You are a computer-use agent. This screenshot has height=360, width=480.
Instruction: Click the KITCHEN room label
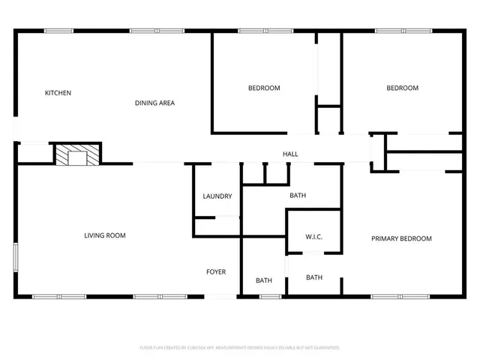58,93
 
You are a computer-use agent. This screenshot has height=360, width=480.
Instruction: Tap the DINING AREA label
154,103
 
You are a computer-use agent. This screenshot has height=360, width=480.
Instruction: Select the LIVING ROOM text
104,235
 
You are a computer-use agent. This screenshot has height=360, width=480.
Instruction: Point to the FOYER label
216,271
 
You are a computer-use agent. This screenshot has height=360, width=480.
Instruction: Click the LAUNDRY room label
217,196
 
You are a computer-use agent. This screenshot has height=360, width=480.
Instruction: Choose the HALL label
290,154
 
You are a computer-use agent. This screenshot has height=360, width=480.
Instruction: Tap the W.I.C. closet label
313,238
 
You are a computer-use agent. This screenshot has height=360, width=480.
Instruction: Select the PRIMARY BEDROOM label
401,238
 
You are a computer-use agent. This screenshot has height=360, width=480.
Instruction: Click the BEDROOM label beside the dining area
264,88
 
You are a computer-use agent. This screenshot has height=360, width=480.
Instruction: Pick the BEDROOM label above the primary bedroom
402,88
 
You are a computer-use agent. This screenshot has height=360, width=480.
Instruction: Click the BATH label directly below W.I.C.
313,277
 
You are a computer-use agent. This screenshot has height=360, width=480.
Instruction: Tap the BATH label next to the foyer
263,280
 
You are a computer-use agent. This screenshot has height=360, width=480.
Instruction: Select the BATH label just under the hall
298,196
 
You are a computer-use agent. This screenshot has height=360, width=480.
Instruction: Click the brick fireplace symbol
76,154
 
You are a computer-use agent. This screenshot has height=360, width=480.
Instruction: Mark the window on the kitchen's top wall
58,31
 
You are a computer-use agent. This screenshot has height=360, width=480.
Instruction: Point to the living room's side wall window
16,259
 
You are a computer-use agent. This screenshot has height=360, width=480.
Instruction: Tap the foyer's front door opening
220,296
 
